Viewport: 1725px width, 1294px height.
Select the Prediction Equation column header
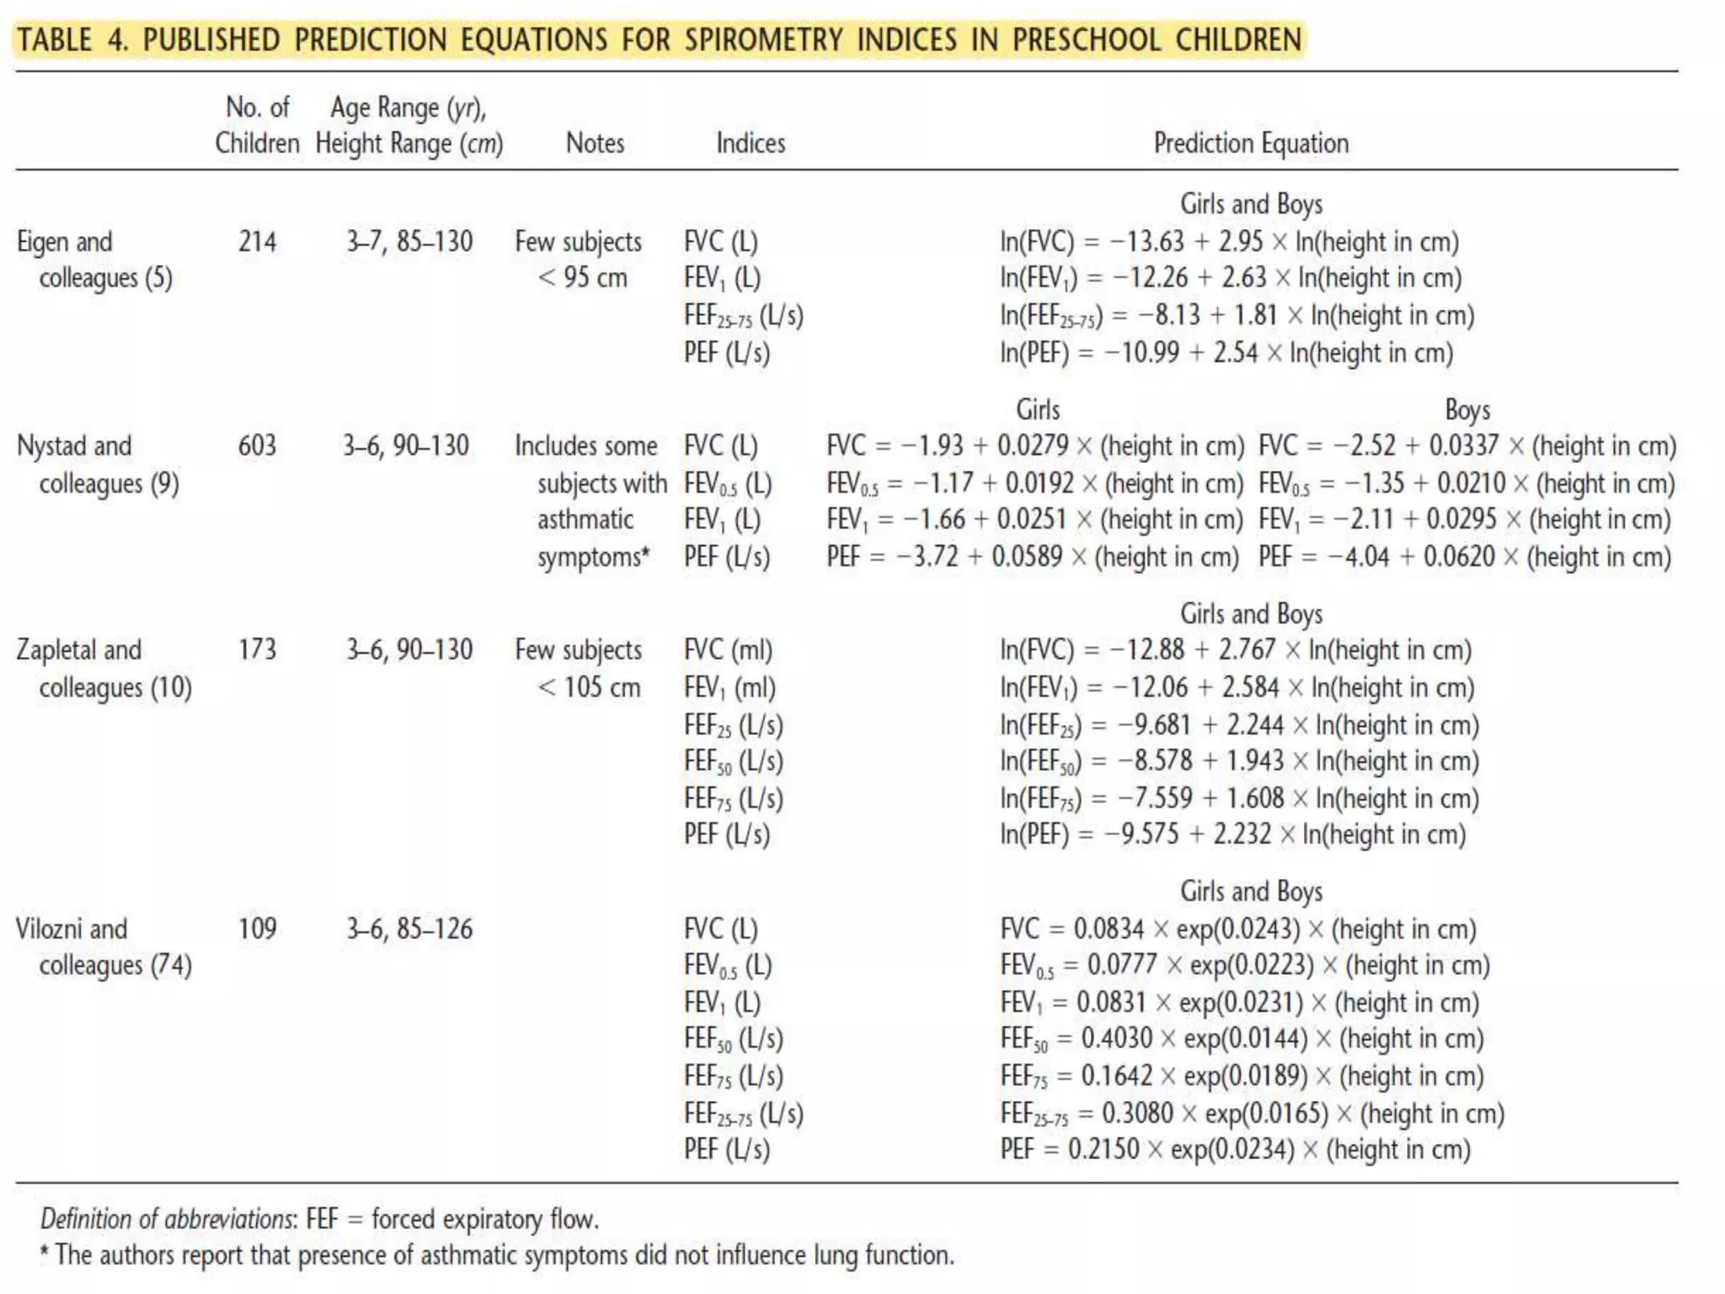(1251, 143)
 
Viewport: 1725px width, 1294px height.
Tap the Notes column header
(595, 143)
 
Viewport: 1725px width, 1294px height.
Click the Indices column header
(750, 143)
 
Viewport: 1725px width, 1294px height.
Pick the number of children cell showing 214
(257, 242)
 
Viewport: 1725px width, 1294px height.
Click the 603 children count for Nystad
(257, 446)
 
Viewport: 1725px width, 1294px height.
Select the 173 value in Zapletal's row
(257, 650)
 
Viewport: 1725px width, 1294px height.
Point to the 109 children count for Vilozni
(257, 928)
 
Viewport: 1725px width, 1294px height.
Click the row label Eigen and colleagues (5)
(94, 259)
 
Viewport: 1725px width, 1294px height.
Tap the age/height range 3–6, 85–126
(409, 928)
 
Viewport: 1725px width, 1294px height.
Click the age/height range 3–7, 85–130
(409, 242)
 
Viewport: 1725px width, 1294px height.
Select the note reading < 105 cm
(589, 687)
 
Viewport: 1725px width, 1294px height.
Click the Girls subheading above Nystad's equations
(1038, 409)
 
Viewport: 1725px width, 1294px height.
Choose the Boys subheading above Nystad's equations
(1467, 409)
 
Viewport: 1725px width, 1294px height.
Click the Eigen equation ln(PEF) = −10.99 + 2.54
(1226, 352)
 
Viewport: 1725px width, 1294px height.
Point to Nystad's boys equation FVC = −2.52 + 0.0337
(1466, 446)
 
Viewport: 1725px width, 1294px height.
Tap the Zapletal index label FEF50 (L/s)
(733, 762)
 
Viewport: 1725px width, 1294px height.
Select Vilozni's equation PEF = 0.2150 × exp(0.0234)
(1235, 1149)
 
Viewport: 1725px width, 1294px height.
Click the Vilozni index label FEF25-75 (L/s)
(743, 1113)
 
